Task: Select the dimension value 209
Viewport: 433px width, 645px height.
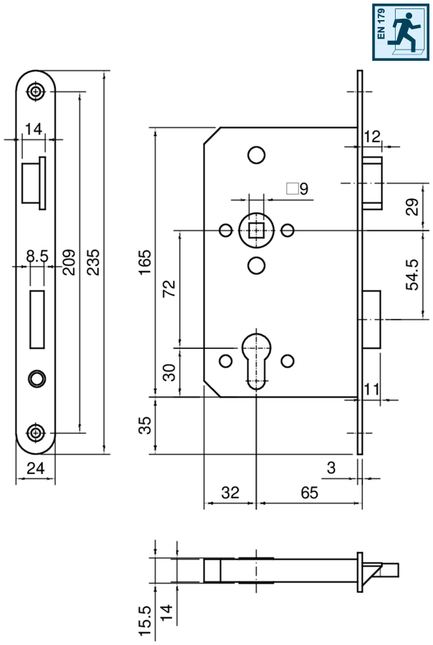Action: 69,262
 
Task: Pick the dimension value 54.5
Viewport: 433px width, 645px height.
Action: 412,275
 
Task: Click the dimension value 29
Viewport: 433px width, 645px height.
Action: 412,207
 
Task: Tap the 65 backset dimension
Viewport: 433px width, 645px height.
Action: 309,493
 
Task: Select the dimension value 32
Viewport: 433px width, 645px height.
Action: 229,493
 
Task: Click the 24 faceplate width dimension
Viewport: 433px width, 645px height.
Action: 36,468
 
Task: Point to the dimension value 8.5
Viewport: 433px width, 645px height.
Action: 37,255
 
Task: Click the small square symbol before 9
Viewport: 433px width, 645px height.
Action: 291,189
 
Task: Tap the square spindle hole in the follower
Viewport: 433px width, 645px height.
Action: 255,230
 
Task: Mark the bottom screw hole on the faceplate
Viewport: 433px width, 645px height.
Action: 36,432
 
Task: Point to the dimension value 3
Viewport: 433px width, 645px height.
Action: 330,468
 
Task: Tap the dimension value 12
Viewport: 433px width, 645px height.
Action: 372,135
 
